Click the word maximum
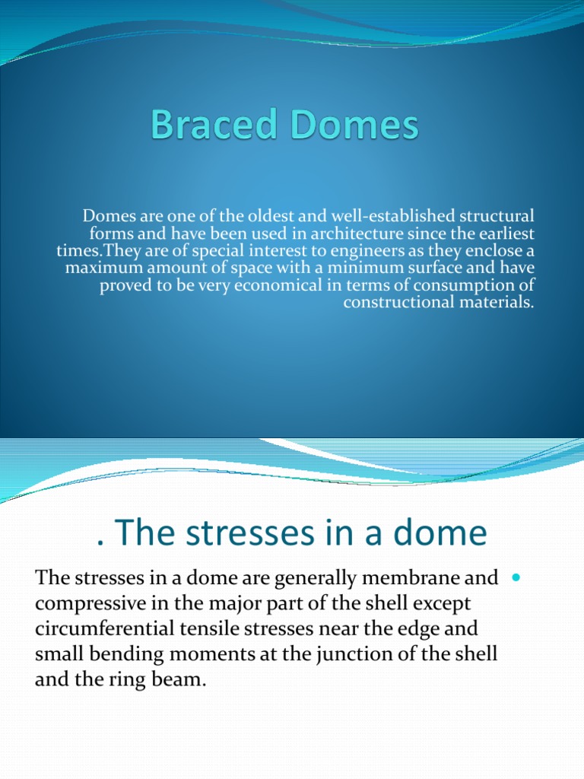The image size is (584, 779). (x=102, y=268)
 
